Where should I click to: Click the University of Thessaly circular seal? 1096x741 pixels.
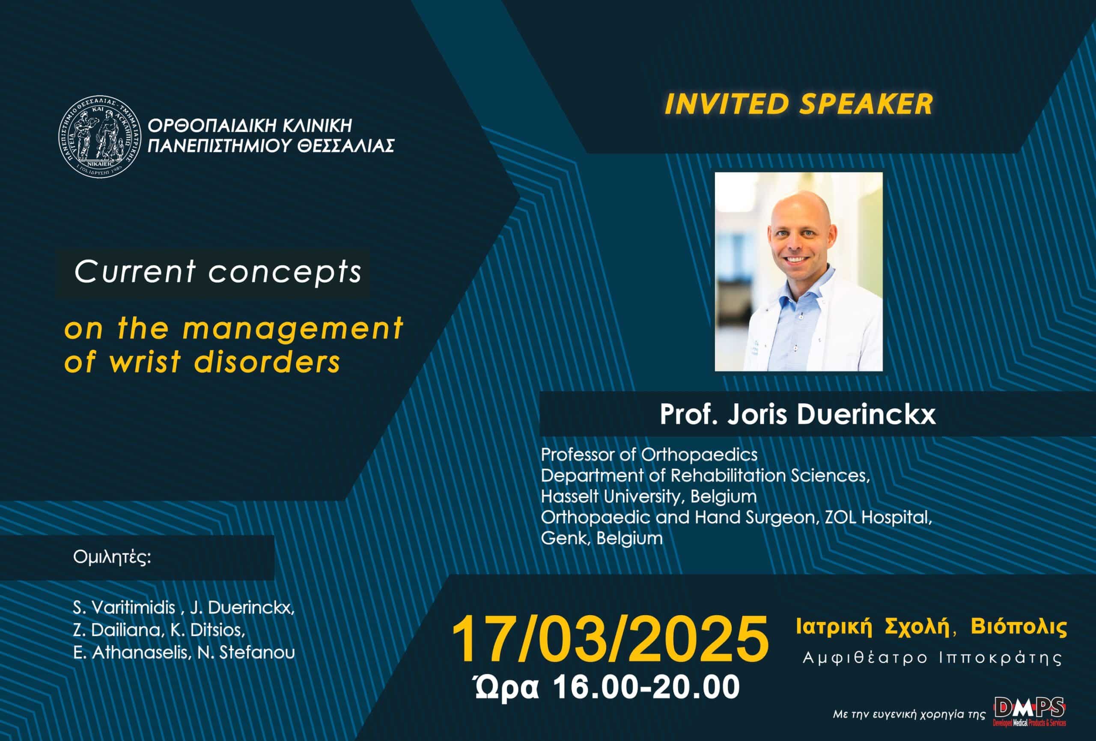[x=99, y=137]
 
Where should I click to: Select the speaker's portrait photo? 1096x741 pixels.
[x=798, y=271]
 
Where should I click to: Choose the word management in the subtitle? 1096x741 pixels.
[x=292, y=329]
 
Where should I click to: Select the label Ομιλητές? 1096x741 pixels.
[x=112, y=557]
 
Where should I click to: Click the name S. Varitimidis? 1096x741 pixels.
[x=124, y=607]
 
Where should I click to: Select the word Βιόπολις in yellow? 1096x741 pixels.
[x=1019, y=627]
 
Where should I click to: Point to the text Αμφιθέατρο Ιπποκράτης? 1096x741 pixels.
[x=932, y=658]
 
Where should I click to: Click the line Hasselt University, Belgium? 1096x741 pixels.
[x=649, y=496]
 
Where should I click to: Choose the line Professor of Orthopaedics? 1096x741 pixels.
[x=649, y=454]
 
